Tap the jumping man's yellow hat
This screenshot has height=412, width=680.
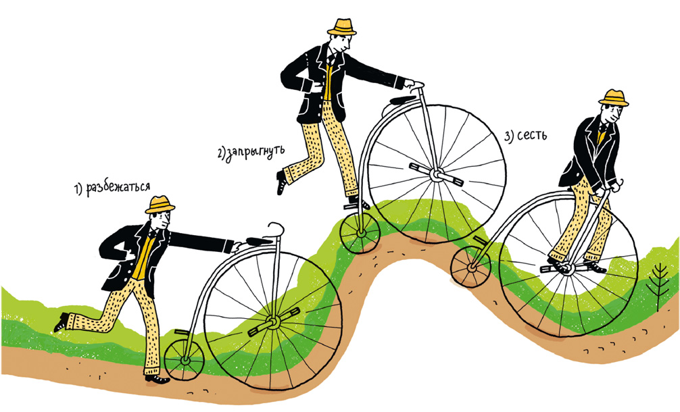(342, 26)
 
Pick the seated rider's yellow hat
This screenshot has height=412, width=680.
(613, 97)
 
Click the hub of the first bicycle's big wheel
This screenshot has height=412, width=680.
(272, 323)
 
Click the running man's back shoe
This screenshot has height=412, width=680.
(62, 323)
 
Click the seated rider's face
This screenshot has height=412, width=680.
(610, 113)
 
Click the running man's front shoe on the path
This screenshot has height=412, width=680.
(157, 379)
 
